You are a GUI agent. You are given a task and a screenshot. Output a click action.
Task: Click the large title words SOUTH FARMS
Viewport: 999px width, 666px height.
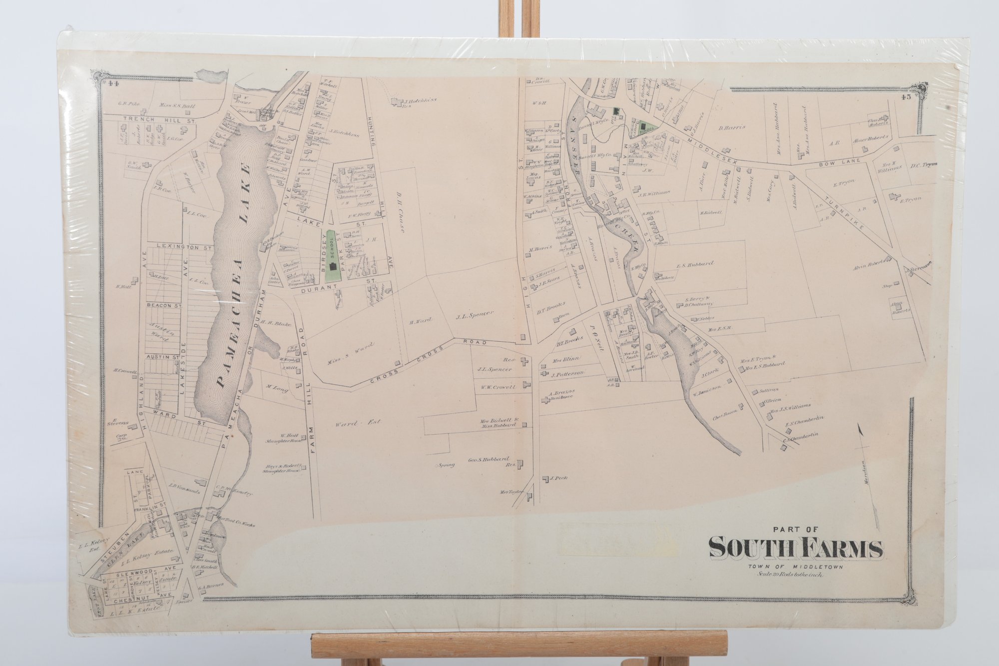(795, 548)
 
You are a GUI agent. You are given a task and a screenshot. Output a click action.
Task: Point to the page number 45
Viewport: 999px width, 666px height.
(906, 97)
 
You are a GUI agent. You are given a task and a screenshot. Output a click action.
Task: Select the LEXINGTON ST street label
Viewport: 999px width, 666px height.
(177, 247)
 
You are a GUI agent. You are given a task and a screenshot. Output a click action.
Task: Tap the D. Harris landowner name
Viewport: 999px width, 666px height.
(732, 127)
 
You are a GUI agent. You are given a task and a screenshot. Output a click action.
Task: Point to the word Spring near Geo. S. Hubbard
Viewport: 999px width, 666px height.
(446, 465)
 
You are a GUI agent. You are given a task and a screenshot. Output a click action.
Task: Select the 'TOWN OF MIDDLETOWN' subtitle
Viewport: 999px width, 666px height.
(789, 566)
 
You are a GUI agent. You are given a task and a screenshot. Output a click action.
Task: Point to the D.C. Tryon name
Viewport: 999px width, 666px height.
(924, 164)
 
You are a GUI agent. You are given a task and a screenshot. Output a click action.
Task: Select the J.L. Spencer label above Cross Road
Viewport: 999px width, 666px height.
(475, 315)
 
